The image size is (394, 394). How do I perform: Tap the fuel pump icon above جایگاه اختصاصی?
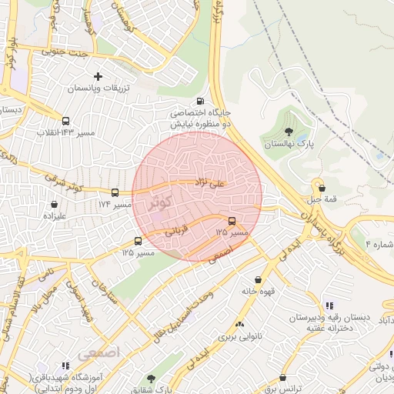coord(201,100)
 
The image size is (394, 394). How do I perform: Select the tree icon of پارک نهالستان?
coord(289,132)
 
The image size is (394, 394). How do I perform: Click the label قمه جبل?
coord(319,199)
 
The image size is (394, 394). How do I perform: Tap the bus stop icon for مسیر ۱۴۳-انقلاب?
coord(66,121)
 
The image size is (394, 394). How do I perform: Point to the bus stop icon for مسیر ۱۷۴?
coord(115,192)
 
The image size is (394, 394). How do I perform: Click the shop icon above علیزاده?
coord(54,205)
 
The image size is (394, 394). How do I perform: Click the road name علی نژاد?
coord(209,182)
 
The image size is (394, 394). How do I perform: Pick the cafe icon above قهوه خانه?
coord(258,279)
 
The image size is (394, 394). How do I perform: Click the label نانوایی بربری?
coord(239,336)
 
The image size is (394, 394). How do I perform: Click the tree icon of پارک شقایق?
coord(151,379)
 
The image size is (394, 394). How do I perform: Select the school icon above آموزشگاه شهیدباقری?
coord(65,366)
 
